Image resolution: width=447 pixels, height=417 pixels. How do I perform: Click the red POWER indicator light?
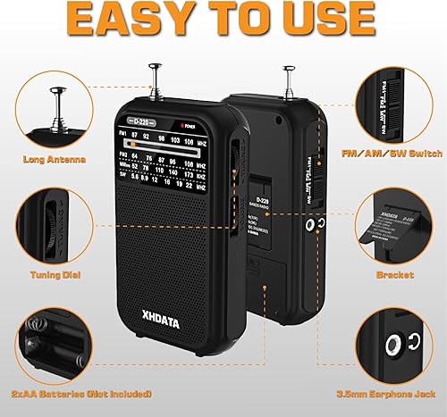[x=182, y=125]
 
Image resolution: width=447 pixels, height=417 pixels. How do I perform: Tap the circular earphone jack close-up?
[x=394, y=340]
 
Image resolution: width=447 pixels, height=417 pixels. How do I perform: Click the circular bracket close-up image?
[x=394, y=222]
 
